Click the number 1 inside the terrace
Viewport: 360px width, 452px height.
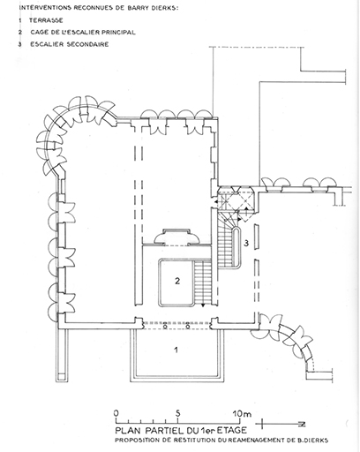coord(176,350)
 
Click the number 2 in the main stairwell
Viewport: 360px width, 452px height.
coord(177,281)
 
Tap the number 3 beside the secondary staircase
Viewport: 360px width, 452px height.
coord(246,243)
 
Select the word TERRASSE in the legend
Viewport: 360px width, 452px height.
coord(46,20)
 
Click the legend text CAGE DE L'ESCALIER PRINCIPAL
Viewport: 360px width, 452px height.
coord(83,32)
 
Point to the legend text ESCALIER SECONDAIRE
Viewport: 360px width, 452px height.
coord(70,44)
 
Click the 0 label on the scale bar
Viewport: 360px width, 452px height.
coord(116,413)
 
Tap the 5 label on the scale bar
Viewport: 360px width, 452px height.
coord(178,413)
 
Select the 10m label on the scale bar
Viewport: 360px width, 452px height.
coord(243,413)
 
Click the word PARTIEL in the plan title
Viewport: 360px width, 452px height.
coord(164,431)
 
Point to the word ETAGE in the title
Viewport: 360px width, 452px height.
coord(231,431)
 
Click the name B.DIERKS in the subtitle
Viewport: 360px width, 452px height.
coord(313,441)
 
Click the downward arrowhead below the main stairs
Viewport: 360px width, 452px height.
coord(203,305)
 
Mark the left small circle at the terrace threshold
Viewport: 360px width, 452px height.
coord(165,327)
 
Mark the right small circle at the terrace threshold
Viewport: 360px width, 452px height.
coord(188,327)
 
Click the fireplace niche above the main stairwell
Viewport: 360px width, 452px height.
coord(176,237)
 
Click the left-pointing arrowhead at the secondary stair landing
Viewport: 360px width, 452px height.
coord(216,202)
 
